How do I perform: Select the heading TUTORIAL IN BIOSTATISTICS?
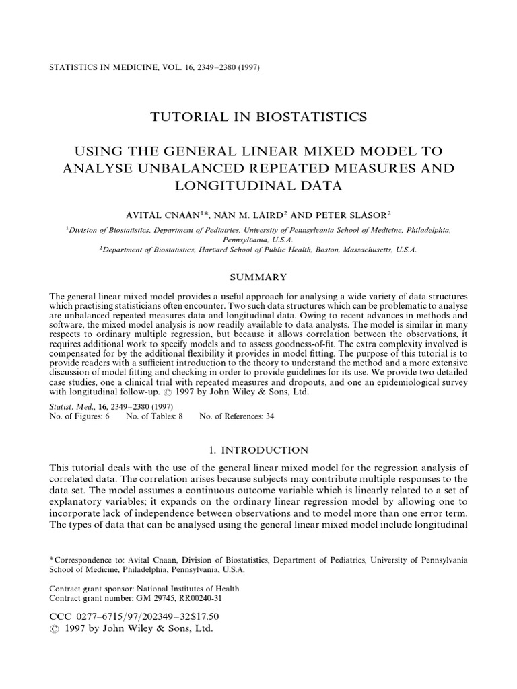tap(258, 117)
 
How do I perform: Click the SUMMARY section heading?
tap(258, 277)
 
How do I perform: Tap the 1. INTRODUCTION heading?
tap(258, 450)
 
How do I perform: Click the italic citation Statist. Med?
tap(70, 406)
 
